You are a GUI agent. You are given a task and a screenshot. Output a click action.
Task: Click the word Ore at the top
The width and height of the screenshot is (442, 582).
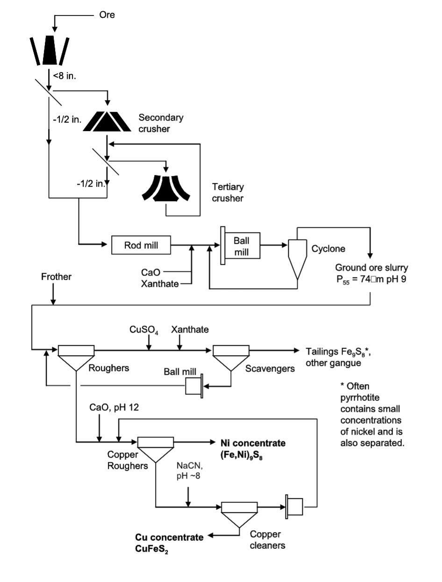[107, 15]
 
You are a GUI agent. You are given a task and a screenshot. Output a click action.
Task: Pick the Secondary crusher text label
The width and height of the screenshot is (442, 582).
[161, 123]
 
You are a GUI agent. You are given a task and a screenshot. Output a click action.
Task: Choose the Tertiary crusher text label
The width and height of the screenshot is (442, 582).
[228, 192]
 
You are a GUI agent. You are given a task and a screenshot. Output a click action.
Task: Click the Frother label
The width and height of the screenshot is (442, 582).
[56, 277]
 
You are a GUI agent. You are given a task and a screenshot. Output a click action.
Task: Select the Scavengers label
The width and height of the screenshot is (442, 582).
[270, 369]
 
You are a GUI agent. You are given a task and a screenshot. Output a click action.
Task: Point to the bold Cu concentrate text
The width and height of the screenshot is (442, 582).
[169, 537]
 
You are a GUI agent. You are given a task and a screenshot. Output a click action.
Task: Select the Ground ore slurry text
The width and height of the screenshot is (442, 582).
[371, 268]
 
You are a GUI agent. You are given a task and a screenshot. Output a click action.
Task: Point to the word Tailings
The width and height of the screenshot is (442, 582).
[320, 351]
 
